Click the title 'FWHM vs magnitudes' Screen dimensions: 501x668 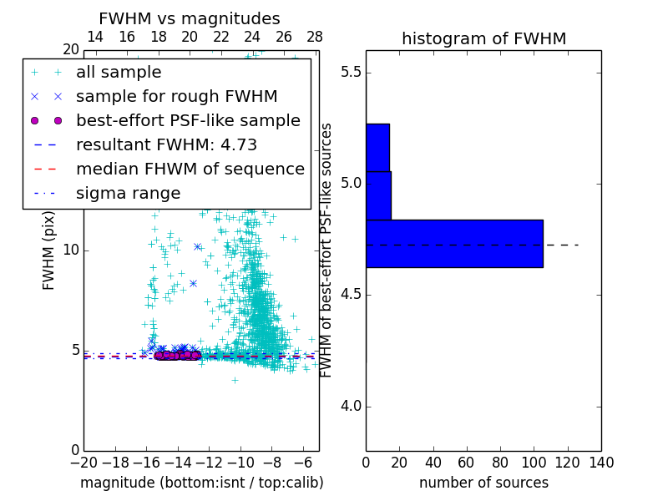point(190,18)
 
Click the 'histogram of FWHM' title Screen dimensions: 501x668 point(483,38)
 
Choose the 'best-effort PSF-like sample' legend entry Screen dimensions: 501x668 point(188,121)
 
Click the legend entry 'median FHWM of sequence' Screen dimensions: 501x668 point(190,170)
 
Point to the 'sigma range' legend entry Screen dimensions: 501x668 point(128,194)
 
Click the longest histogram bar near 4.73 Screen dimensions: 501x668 point(454,243)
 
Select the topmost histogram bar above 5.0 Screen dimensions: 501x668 point(377,147)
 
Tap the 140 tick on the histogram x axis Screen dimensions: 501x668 point(601,462)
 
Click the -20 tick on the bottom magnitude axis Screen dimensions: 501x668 point(83,462)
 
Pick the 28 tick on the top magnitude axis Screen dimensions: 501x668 point(315,37)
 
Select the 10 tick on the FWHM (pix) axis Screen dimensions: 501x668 point(70,250)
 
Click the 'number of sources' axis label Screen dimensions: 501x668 point(483,483)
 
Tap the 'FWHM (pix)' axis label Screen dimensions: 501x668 point(49,250)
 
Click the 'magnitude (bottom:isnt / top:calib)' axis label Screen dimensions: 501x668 point(201,483)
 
